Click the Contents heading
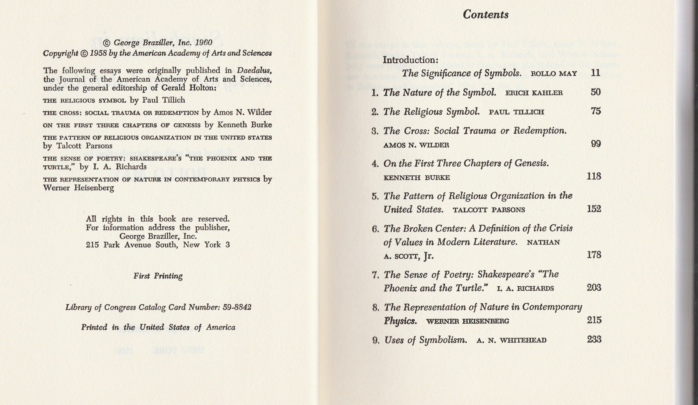(x=486, y=14)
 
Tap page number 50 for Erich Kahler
(x=595, y=92)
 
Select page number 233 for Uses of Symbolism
(x=594, y=339)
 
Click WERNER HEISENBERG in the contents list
(x=467, y=321)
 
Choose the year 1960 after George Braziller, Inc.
(x=204, y=43)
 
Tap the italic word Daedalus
(x=254, y=71)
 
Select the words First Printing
(x=158, y=276)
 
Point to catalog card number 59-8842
(x=237, y=307)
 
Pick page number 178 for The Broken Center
(x=594, y=255)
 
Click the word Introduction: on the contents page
(x=411, y=60)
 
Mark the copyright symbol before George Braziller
(x=107, y=43)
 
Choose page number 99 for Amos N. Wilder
(x=595, y=144)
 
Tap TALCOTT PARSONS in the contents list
(x=489, y=210)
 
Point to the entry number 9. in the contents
(x=376, y=340)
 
